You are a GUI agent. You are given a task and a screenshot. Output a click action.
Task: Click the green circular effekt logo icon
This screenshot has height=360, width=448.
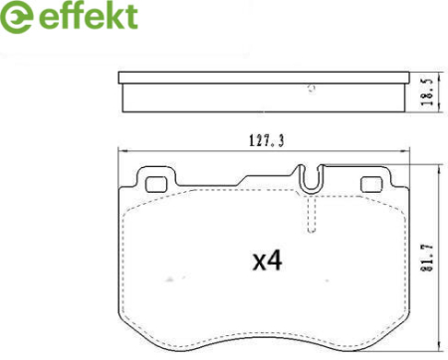coord(17,17)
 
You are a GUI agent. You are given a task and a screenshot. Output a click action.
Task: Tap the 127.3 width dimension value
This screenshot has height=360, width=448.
coord(267,141)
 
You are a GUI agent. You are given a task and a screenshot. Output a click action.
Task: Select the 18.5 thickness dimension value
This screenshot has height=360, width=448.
coord(428,91)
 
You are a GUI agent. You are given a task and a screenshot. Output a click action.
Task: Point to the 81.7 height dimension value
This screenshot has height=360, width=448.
coord(428,259)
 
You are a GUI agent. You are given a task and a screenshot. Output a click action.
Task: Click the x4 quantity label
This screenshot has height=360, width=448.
coord(268,261)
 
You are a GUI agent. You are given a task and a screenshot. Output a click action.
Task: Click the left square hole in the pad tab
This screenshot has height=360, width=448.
coord(156,184)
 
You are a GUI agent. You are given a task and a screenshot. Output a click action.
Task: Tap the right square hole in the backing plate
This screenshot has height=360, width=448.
coord(371,184)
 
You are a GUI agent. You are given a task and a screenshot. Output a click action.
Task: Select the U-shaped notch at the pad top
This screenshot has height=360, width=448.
coord(311,179)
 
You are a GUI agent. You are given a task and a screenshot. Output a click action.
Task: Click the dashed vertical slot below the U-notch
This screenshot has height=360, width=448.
coord(312,214)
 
